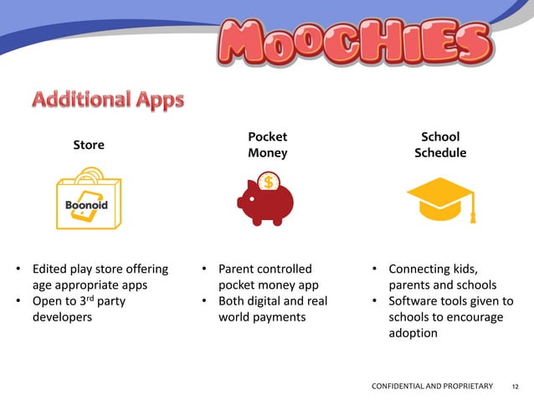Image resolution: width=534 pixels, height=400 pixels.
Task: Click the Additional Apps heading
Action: click(108, 100)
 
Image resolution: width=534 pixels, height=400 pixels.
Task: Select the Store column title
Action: click(89, 145)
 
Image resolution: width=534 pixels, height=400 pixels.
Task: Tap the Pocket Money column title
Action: click(267, 145)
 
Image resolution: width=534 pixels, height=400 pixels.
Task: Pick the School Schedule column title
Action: click(440, 145)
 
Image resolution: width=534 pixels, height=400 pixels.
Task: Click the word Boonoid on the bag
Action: click(87, 205)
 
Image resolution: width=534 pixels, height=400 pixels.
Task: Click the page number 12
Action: click(515, 386)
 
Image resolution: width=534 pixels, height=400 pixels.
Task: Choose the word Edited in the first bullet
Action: click(50, 269)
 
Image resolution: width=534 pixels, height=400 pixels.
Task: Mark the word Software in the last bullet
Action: click(416, 301)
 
